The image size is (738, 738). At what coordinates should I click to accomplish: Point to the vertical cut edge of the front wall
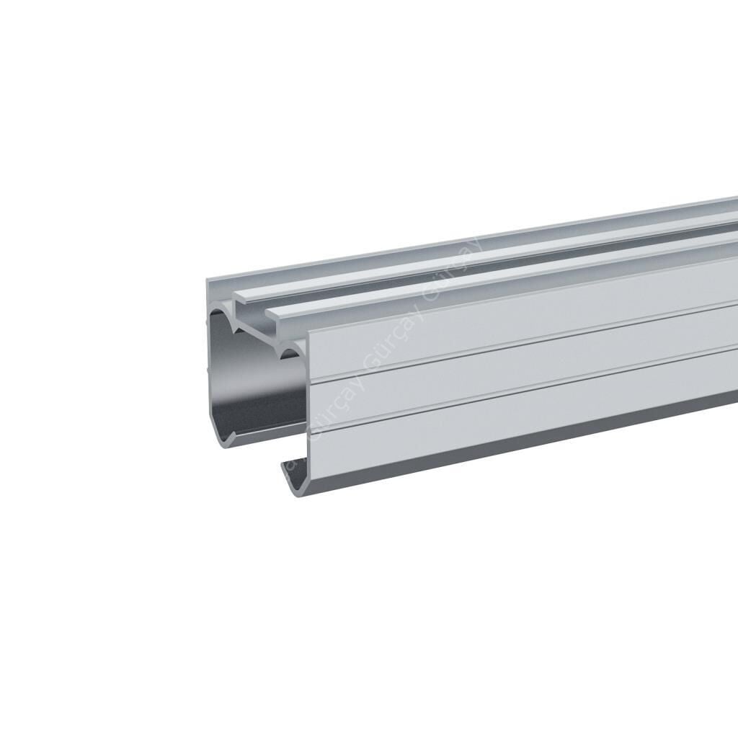click(x=308, y=404)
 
